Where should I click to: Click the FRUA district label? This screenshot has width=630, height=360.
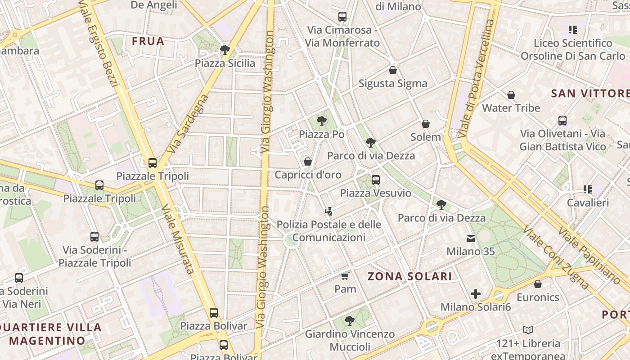click(x=148, y=41)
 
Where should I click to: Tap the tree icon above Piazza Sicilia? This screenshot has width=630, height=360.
click(x=225, y=49)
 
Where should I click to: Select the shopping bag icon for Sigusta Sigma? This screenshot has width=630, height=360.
click(x=393, y=70)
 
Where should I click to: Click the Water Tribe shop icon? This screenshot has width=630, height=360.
click(x=511, y=95)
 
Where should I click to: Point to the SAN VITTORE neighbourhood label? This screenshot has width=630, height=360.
click(x=590, y=94)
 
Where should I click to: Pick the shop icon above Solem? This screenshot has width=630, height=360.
click(x=426, y=124)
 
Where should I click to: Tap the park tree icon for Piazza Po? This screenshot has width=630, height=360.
click(x=321, y=121)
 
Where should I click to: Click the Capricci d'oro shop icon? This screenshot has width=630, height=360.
click(x=308, y=161)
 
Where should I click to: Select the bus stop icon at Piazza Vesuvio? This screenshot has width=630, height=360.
click(x=376, y=180)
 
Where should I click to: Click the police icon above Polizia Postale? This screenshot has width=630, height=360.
click(x=329, y=211)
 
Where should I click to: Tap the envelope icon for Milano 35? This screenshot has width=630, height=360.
click(x=471, y=238)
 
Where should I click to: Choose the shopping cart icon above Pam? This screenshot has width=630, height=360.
click(x=345, y=275)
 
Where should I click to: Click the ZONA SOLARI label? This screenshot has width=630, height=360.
click(x=409, y=276)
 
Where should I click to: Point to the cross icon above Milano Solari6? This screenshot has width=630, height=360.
click(x=476, y=294)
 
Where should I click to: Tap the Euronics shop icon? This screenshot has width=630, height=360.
click(x=538, y=284)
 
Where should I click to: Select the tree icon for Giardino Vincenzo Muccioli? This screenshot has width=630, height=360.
click(x=349, y=321)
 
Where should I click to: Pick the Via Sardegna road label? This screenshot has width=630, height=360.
click(x=188, y=124)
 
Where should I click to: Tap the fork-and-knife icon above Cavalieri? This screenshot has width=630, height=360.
click(x=587, y=189)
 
